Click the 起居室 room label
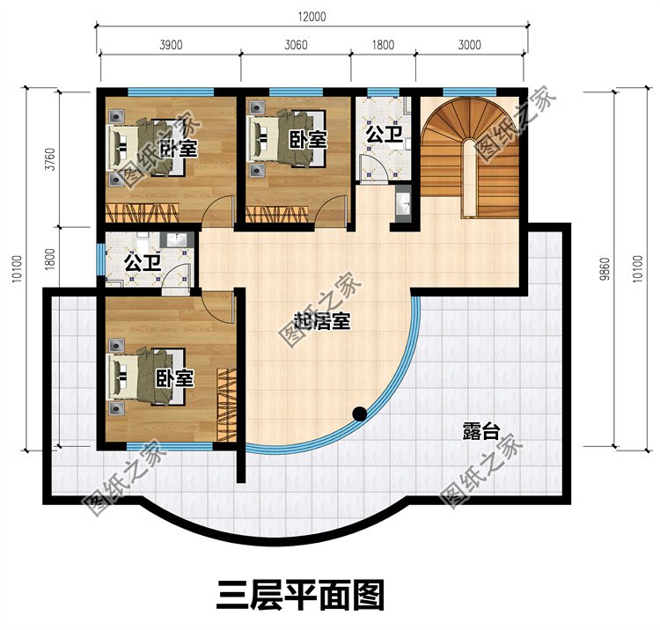(x=322, y=321)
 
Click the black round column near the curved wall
(x=359, y=412)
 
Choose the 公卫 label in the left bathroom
(x=142, y=262)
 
